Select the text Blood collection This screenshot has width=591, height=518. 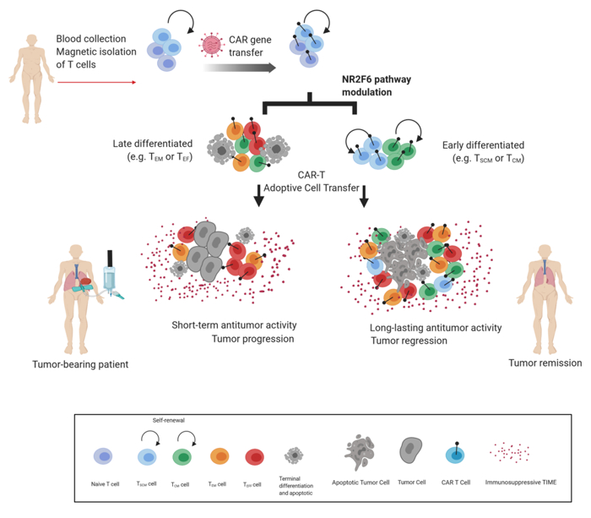91,39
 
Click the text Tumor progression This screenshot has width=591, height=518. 223,339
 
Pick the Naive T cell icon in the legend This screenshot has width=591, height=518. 104,457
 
